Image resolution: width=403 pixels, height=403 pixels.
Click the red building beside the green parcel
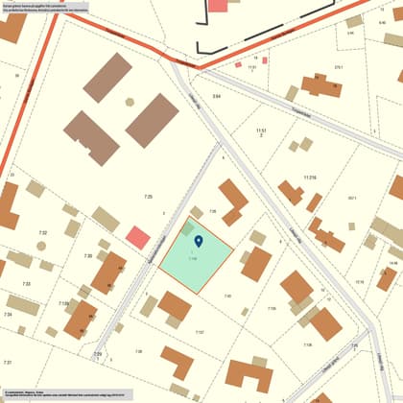click(x=138, y=237)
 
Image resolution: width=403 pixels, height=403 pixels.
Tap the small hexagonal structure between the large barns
click(x=130, y=102)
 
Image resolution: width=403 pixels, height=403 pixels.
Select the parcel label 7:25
click(x=148, y=196)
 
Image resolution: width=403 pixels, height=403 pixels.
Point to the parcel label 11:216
click(x=309, y=178)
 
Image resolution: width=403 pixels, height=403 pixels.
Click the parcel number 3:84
click(x=217, y=97)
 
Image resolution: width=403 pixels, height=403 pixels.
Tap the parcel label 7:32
click(x=42, y=233)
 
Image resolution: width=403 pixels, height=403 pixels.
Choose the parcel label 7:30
click(x=88, y=255)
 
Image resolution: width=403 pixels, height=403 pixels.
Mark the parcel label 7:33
click(x=26, y=284)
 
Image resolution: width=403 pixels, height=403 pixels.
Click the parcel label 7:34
click(x=8, y=314)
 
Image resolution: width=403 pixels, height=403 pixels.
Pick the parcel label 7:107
click(x=200, y=332)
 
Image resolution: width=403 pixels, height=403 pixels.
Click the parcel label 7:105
click(x=272, y=308)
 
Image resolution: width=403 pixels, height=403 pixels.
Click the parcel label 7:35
click(x=213, y=210)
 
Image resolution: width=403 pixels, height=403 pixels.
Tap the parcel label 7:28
click(x=137, y=351)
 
